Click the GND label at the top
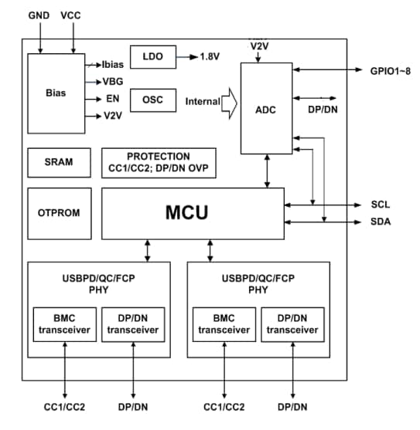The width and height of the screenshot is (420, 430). tap(39, 15)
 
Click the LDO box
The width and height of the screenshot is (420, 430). tap(152, 57)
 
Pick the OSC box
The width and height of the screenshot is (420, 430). tap(152, 100)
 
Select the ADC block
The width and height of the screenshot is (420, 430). tap(265, 109)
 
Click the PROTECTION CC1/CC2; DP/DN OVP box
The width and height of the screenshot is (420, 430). tap(159, 162)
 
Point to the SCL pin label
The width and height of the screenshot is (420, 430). tap(381, 205)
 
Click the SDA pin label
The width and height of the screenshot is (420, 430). tap(381, 222)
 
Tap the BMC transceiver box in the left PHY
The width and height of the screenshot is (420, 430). tap(66, 324)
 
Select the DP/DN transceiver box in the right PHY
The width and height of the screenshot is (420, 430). tap(293, 324)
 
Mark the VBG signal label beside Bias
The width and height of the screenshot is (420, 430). tap(113, 81)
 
